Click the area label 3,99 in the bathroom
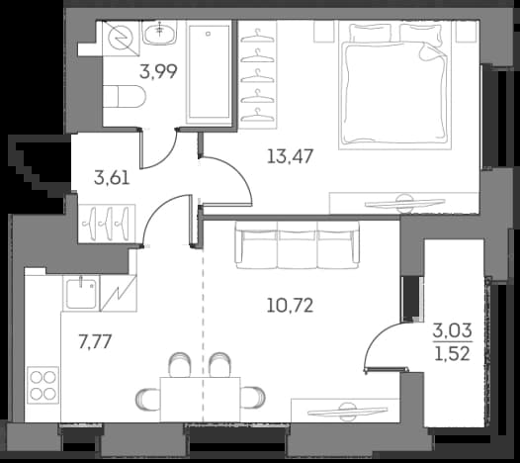(158, 71)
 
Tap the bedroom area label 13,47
(291, 156)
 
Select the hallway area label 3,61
(112, 178)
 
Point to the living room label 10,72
(290, 306)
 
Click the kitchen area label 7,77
(95, 341)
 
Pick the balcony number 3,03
(453, 330)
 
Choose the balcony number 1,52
(453, 354)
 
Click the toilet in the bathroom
(124, 96)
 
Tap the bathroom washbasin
(160, 33)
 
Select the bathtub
(209, 72)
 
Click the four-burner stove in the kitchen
(43, 385)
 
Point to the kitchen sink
(82, 294)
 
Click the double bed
(395, 85)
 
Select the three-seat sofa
(298, 245)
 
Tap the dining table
(201, 400)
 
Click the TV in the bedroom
(404, 203)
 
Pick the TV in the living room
(348, 411)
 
